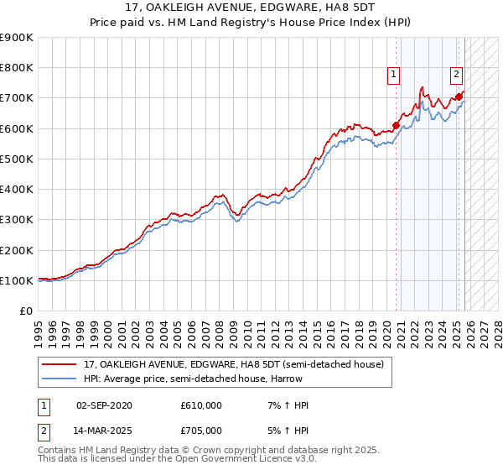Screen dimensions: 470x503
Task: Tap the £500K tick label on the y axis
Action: (17, 159)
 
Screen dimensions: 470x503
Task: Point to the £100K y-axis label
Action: (17, 280)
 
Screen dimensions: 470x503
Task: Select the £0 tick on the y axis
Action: (25, 311)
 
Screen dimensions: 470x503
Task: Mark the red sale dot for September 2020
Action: (396, 125)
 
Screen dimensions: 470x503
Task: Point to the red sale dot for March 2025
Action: (459, 97)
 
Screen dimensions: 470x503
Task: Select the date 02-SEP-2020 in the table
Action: (104, 405)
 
